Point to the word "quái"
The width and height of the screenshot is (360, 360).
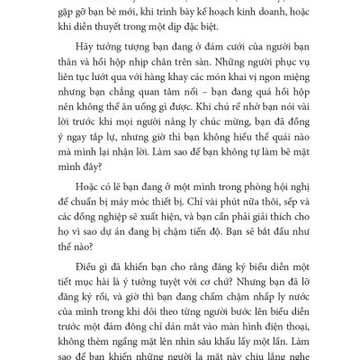click(x=265, y=143)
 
